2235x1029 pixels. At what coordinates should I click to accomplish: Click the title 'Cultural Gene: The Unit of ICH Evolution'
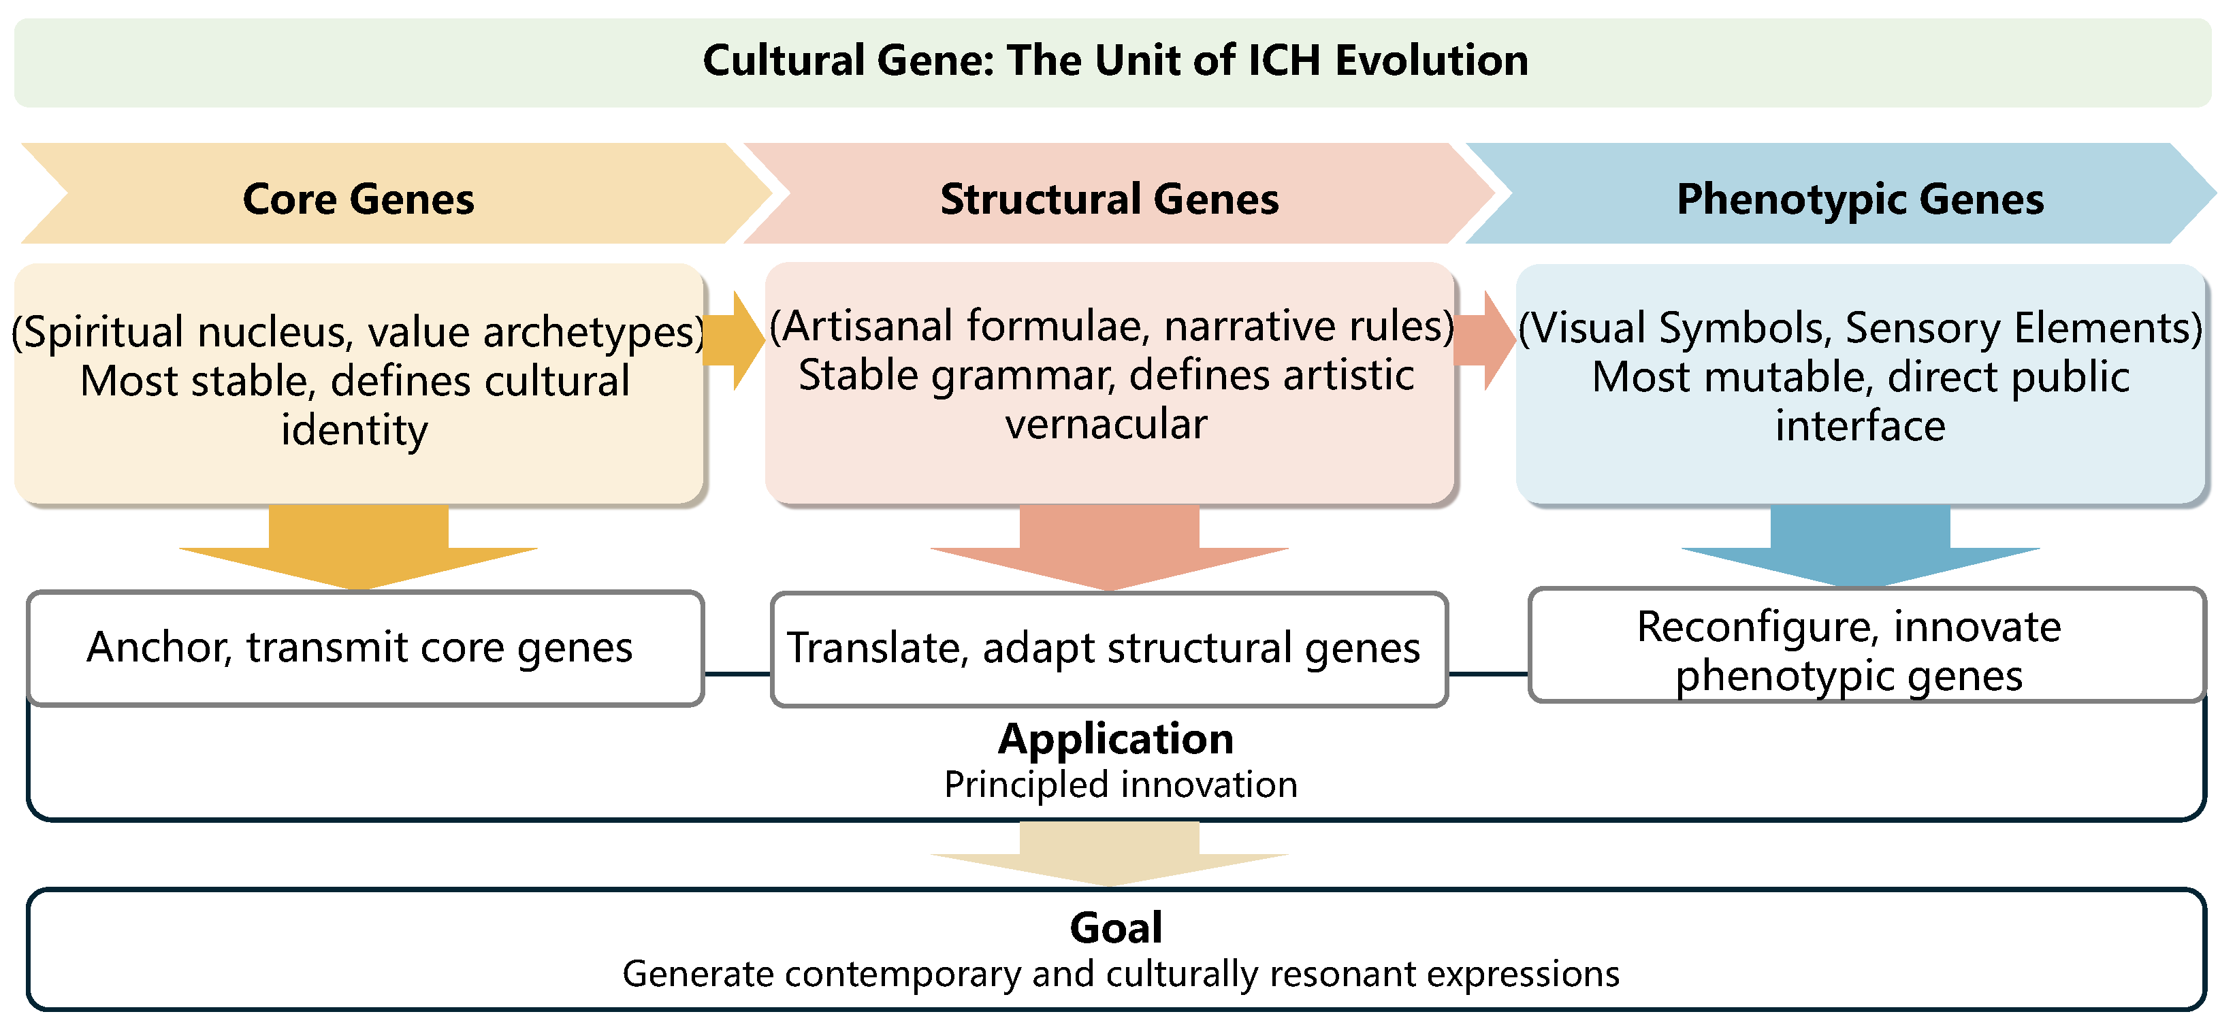pyautogui.click(x=1115, y=61)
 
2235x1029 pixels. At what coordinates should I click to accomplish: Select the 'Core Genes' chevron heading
pyautogui.click(x=358, y=199)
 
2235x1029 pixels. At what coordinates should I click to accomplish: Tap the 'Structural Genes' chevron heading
pyautogui.click(x=1110, y=199)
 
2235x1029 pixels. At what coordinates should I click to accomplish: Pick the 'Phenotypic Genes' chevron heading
pyautogui.click(x=1859, y=199)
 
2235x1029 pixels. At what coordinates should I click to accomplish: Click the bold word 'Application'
pyautogui.click(x=1116, y=739)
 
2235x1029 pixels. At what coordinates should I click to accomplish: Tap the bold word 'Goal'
pyautogui.click(x=1116, y=928)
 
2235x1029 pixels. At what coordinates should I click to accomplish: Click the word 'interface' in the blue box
pyautogui.click(x=1860, y=427)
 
